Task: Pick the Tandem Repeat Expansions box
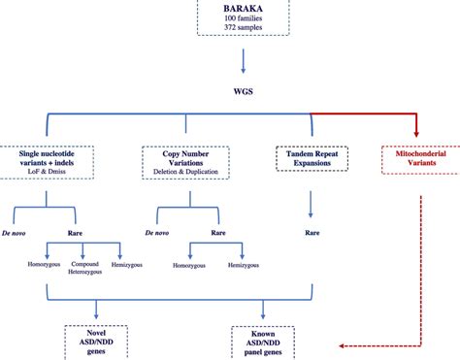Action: coord(310,160)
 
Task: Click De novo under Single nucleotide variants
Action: coord(23,232)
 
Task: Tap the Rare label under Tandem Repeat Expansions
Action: coord(311,233)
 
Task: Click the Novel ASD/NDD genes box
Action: coord(91,341)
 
